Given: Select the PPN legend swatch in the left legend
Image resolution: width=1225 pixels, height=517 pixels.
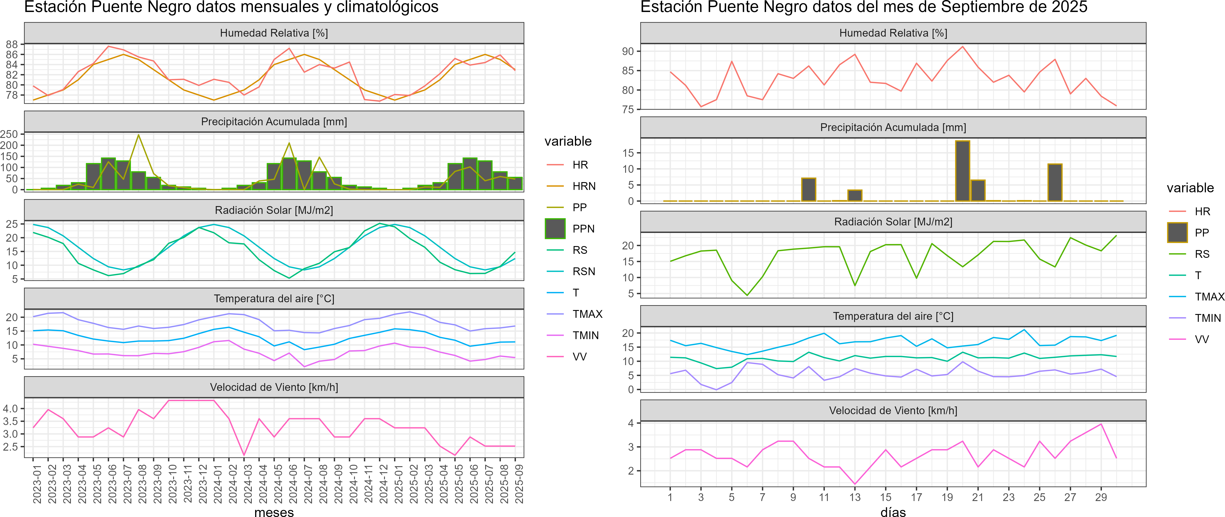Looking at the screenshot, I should pyautogui.click(x=555, y=229).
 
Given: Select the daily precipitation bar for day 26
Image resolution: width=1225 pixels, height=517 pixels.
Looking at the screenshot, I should pyautogui.click(x=1055, y=183).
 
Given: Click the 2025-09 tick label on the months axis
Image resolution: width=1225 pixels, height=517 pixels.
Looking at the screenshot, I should pyautogui.click(x=519, y=484).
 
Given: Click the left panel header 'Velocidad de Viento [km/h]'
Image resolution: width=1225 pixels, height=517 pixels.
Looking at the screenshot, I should pyautogui.click(x=274, y=387).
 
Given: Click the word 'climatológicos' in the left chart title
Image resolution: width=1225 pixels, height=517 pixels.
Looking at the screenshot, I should pyautogui.click(x=388, y=7).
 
